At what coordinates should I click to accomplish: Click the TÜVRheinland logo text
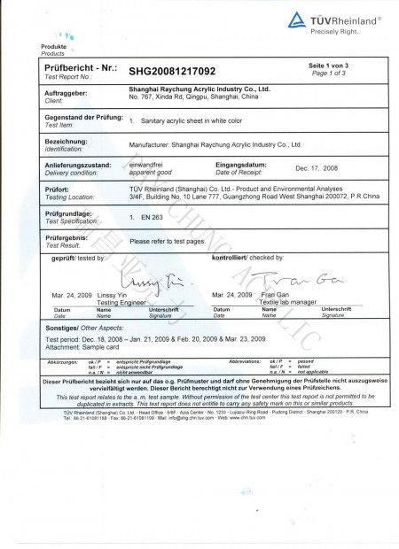click(x=343, y=18)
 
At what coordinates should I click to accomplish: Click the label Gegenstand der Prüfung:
click(x=77, y=116)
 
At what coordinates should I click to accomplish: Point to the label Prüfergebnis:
click(x=65, y=237)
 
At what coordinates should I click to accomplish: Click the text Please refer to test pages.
click(x=168, y=241)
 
